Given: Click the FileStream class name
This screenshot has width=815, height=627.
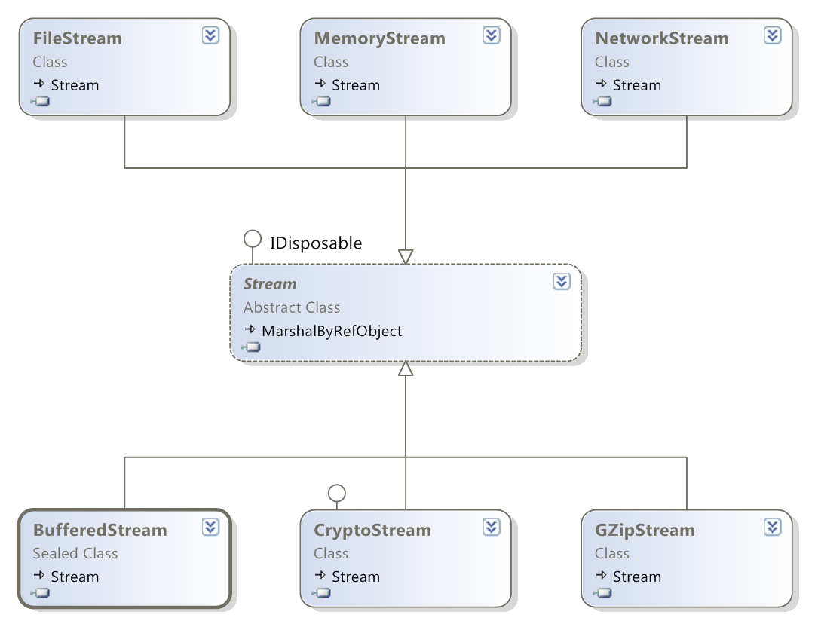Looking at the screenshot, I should pyautogui.click(x=77, y=38).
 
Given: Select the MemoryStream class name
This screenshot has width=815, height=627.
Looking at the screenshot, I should pyautogui.click(x=379, y=38).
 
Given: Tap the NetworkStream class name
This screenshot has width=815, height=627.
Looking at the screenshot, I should pyautogui.click(x=661, y=38).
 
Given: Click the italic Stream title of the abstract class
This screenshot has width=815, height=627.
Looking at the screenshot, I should pyautogui.click(x=270, y=284).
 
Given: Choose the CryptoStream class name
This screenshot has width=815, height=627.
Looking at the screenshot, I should pyautogui.click(x=372, y=530).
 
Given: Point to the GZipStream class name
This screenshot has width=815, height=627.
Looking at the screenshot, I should pyautogui.click(x=644, y=530).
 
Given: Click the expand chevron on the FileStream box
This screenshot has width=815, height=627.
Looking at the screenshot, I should pyautogui.click(x=210, y=35).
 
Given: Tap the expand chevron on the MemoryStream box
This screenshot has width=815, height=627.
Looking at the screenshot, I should pyautogui.click(x=492, y=35).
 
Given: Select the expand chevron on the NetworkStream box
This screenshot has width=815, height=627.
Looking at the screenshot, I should pyautogui.click(x=772, y=35).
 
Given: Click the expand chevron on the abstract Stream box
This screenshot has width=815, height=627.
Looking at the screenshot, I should pyautogui.click(x=562, y=281).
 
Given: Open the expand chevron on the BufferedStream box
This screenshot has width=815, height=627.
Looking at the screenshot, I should pyautogui.click(x=210, y=527).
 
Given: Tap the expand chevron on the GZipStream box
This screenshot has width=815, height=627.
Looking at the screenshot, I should pyautogui.click(x=772, y=527).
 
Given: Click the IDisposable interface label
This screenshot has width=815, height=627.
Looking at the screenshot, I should pyautogui.click(x=316, y=243).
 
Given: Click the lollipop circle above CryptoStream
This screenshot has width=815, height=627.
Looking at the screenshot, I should pyautogui.click(x=337, y=493).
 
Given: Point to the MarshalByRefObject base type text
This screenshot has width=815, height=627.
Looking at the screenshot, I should pyautogui.click(x=332, y=331).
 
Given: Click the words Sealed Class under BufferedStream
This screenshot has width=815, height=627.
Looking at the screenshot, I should pyautogui.click(x=75, y=553).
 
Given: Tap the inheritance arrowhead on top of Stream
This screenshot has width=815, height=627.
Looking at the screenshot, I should pyautogui.click(x=406, y=257).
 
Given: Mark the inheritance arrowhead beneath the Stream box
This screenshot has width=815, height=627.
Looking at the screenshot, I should pyautogui.click(x=406, y=369).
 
